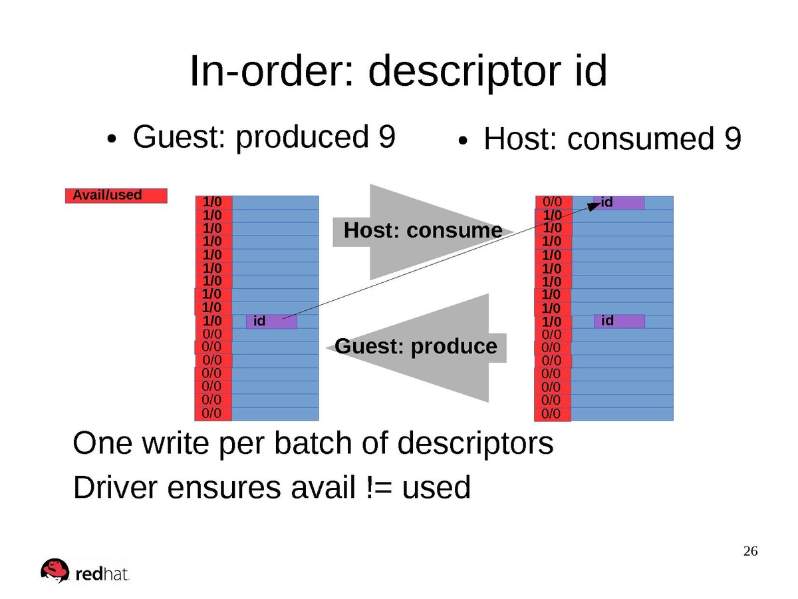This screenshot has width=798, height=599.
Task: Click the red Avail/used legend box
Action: point(116,196)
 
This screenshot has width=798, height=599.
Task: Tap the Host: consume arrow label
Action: point(423,231)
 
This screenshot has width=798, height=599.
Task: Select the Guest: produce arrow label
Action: point(416,347)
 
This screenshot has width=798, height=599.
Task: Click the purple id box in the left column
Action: point(271,321)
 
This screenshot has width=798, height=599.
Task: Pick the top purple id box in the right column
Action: point(618,202)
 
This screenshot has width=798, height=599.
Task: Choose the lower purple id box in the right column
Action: point(618,321)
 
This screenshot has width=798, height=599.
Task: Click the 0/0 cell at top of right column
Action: point(553,202)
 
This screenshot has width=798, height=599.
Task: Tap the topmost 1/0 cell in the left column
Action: point(213,202)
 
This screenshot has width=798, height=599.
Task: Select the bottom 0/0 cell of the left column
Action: point(213,413)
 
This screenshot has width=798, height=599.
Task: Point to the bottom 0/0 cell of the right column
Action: point(552,414)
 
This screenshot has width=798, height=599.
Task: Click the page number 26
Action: point(750,551)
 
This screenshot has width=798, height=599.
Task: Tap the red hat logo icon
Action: point(55,570)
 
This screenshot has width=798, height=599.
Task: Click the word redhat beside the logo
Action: point(102,574)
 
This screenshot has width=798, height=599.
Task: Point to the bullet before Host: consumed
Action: point(464,141)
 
